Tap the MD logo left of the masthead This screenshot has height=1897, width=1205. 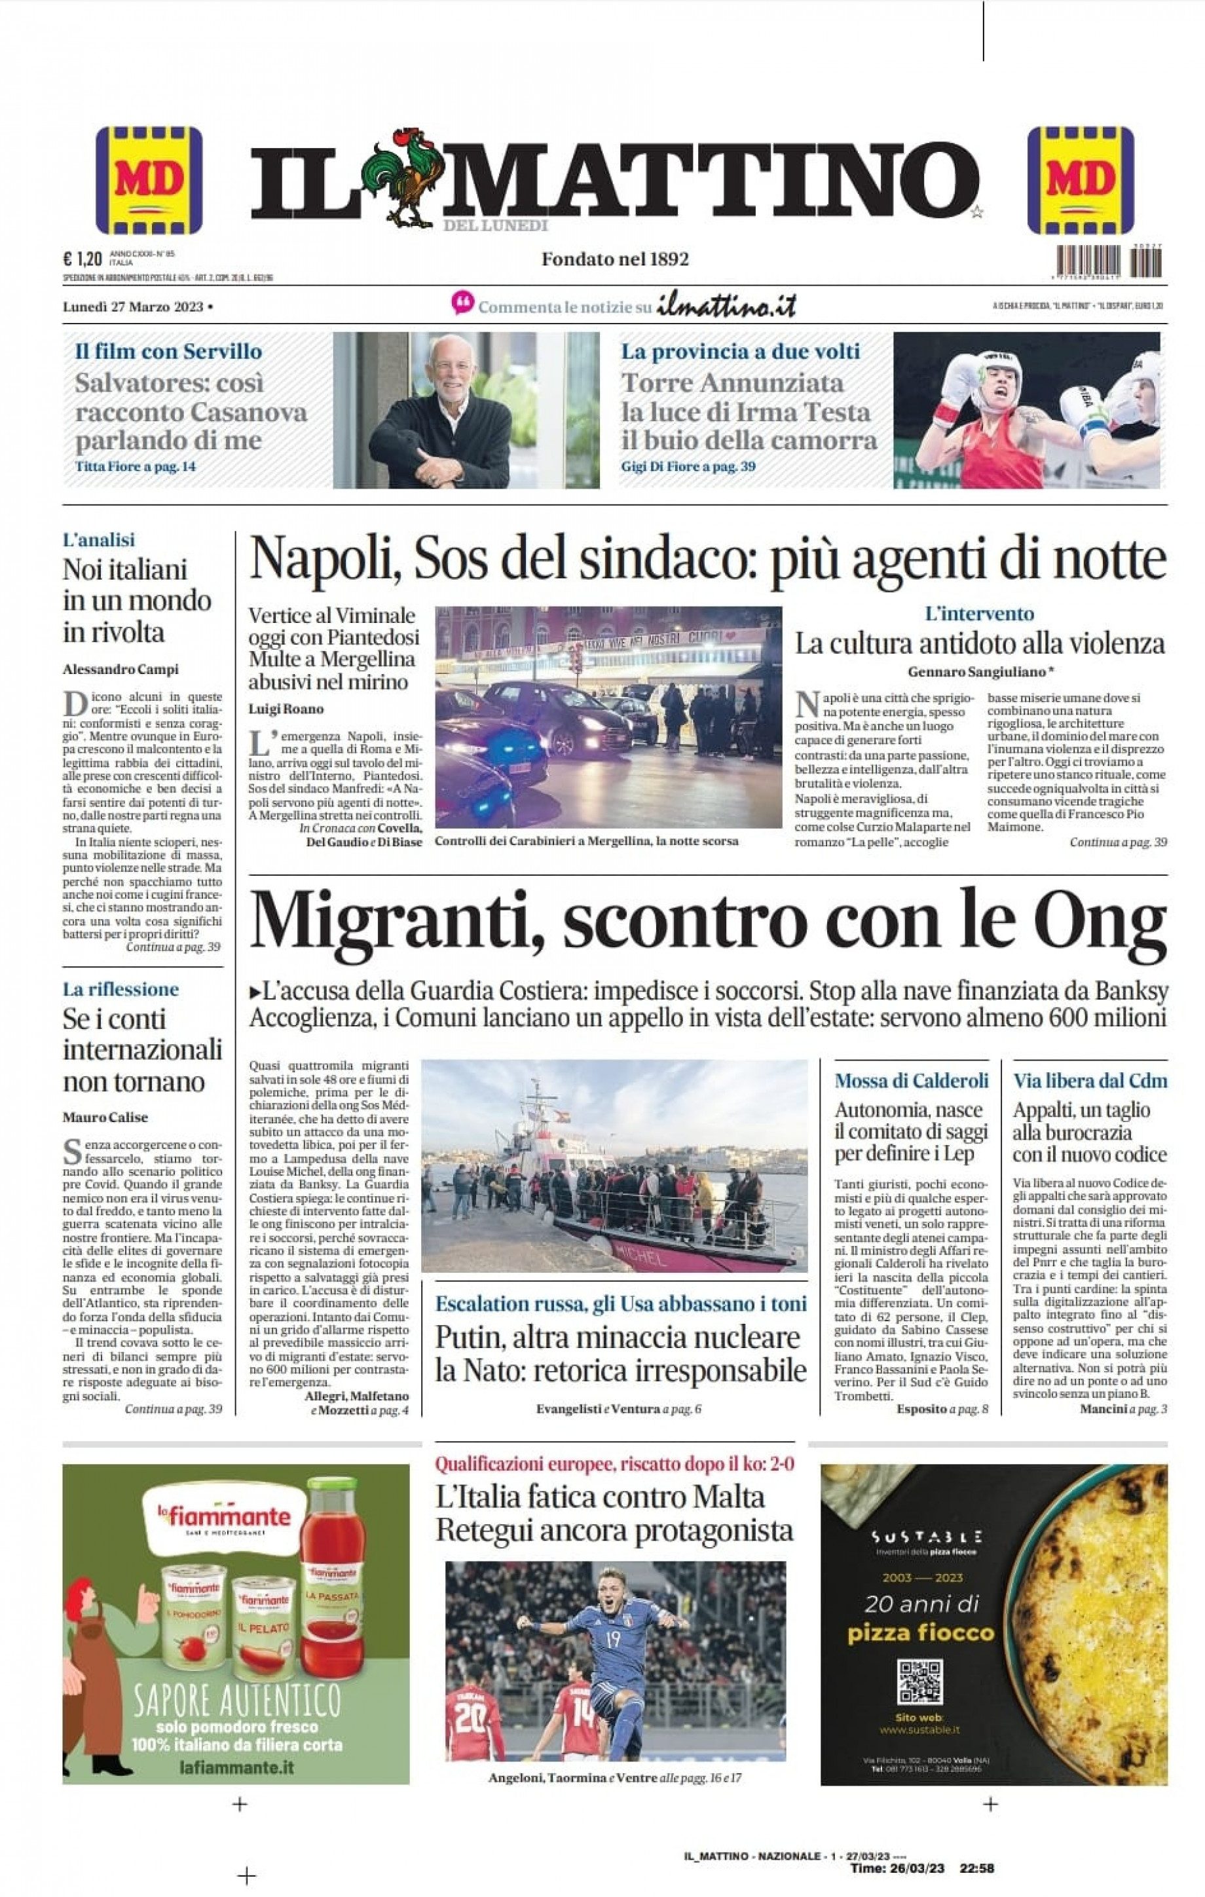[149, 180]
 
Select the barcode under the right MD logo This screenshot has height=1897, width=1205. [1109, 261]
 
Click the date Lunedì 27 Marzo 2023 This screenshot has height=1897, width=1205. [133, 307]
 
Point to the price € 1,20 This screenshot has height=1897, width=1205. [83, 258]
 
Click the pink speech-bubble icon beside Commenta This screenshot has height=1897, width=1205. [463, 303]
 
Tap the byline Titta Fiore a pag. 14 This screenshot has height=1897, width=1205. [136, 466]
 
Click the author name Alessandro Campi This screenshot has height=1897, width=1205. [120, 669]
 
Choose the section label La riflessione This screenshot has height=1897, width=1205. [120, 990]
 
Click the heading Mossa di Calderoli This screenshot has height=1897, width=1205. [911, 1081]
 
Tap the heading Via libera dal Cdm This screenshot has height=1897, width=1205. [1090, 1081]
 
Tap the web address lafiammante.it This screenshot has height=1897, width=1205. [236, 1767]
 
